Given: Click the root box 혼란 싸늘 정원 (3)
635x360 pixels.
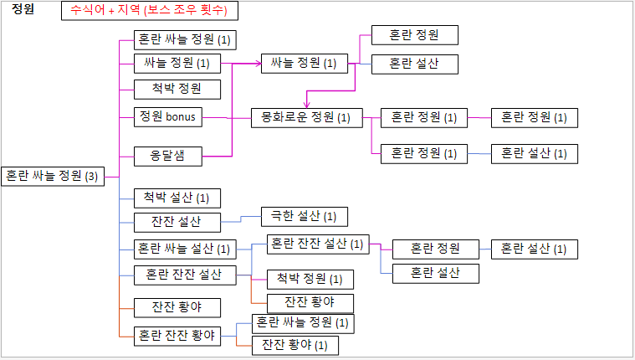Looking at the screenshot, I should tap(52, 176).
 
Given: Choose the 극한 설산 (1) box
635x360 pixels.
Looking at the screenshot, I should tap(304, 217).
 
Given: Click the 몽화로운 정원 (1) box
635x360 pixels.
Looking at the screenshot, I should tap(306, 118).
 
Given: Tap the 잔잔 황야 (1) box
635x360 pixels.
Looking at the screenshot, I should tap(294, 344).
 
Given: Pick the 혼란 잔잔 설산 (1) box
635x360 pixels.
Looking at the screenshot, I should tap(319, 244).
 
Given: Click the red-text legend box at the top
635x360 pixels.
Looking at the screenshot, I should tap(150, 11).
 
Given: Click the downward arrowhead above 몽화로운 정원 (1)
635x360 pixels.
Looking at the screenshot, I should tap(306, 105).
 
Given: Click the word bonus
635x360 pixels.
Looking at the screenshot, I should tap(181, 117).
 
